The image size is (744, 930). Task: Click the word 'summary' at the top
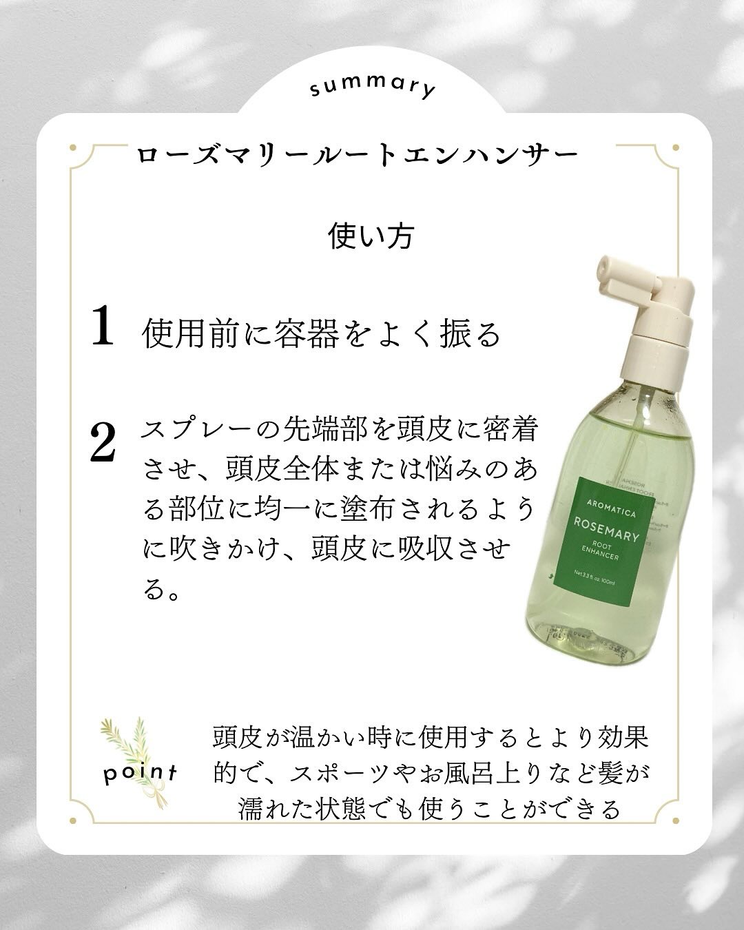click(373, 88)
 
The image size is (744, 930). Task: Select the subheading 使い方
click(372, 236)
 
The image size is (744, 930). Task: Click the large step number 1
click(103, 326)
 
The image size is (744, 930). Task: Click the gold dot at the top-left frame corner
click(72, 146)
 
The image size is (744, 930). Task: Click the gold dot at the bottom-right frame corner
click(672, 820)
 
